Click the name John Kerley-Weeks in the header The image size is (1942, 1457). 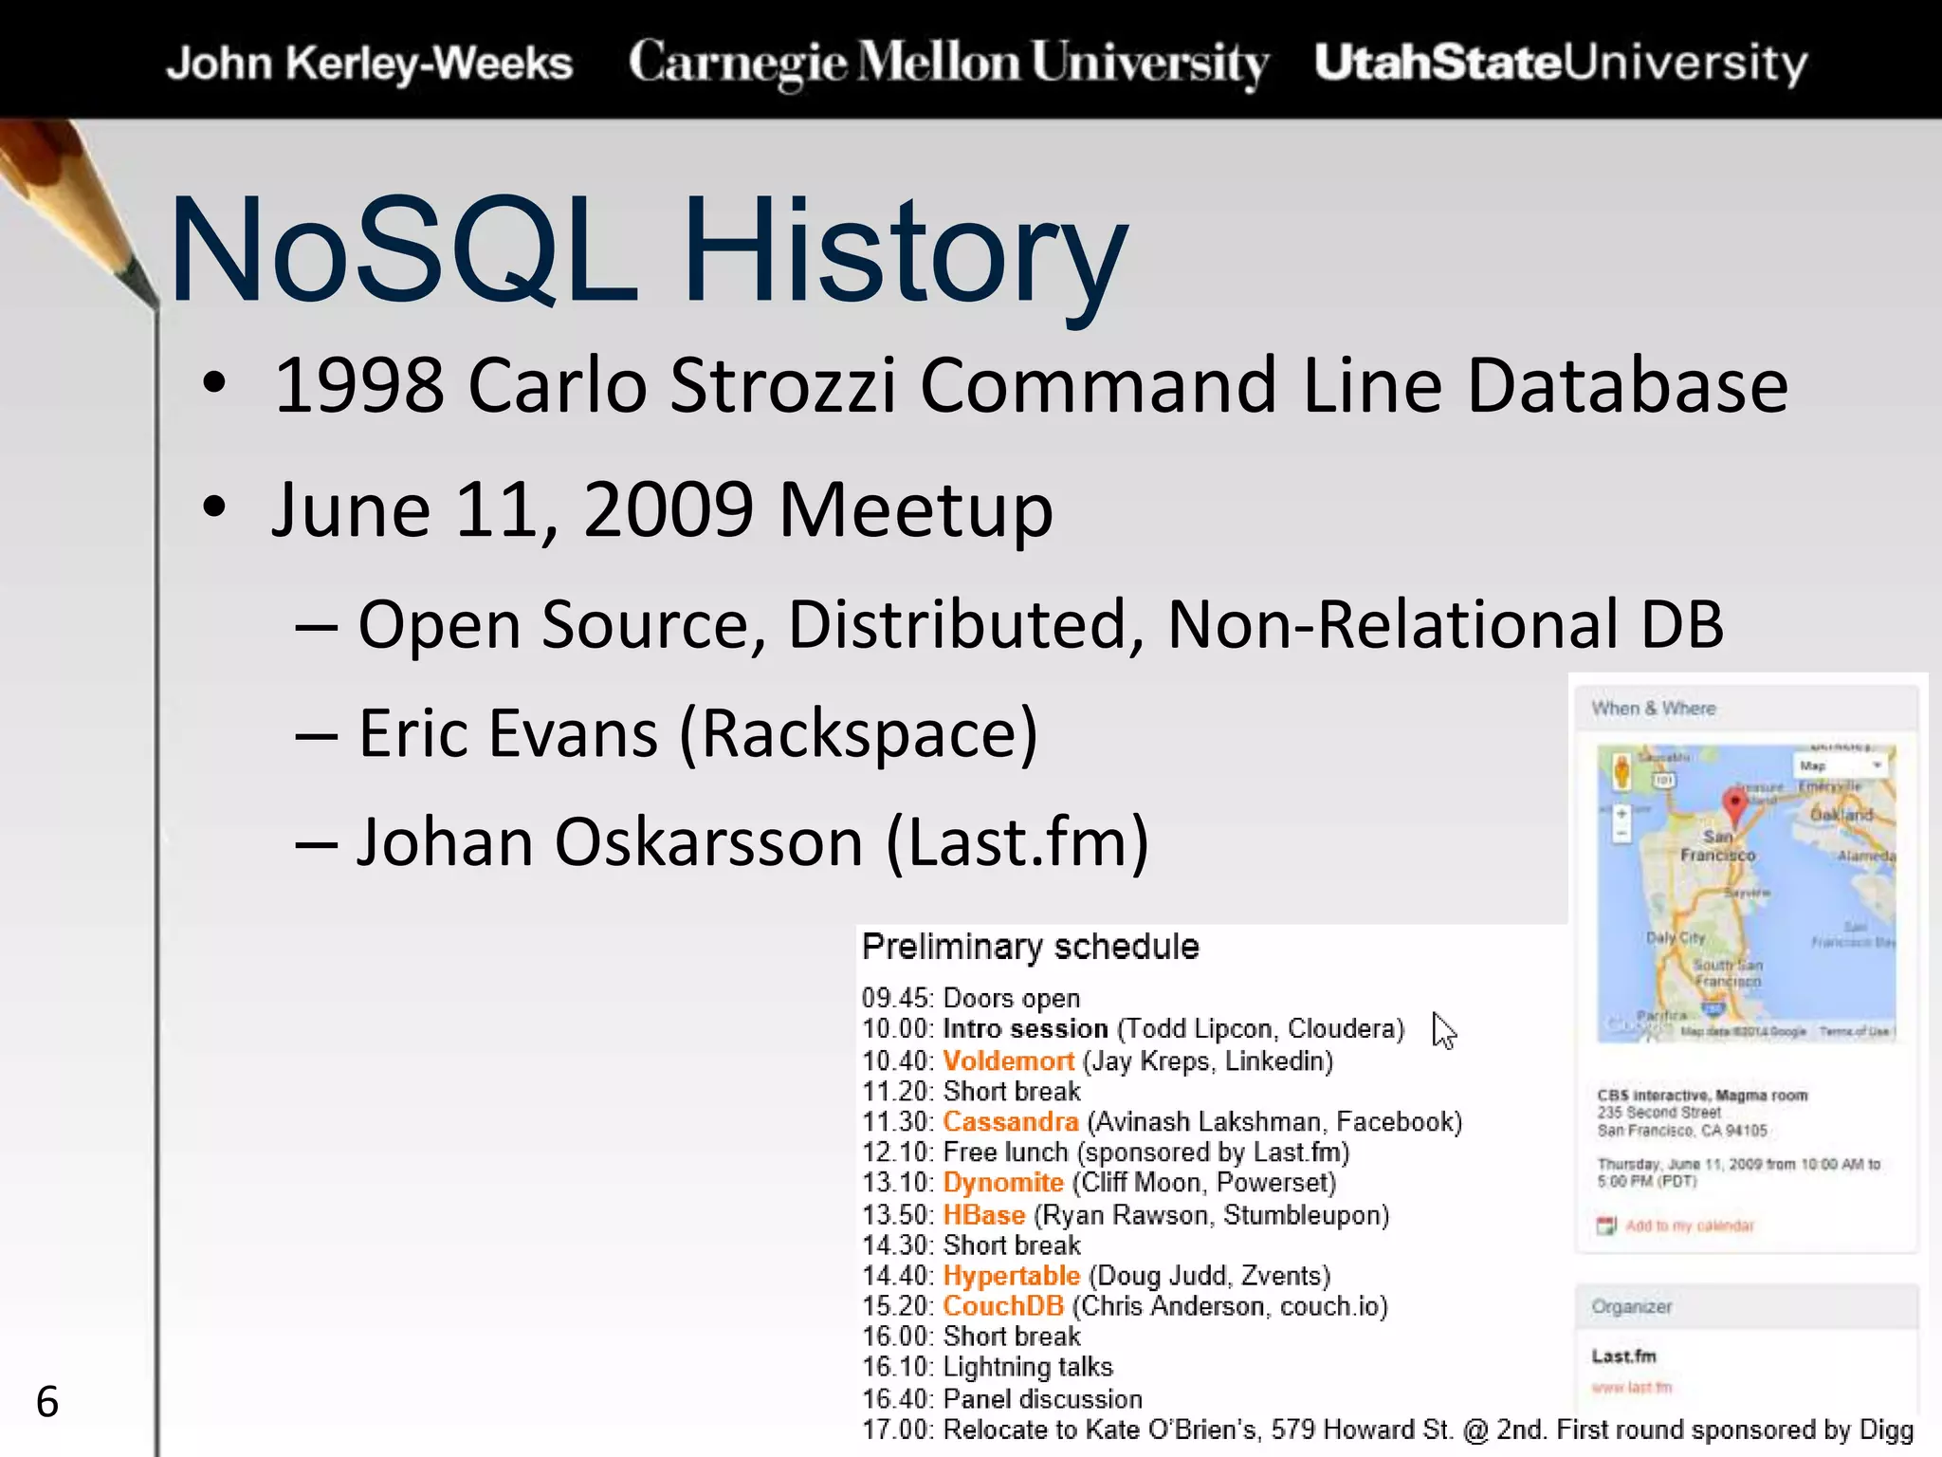pos(369,64)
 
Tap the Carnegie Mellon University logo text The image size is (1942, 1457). pos(948,64)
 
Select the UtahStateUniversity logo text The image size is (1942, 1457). pos(1560,64)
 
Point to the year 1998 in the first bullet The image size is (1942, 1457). pos(358,385)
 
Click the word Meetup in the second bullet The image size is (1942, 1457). pos(915,509)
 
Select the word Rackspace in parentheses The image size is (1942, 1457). pos(858,733)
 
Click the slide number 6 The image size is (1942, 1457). pos(46,1402)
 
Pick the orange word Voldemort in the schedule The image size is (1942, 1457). pos(1008,1060)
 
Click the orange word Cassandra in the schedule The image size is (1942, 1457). pos(1010,1121)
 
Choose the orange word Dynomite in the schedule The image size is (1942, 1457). pos(1002,1183)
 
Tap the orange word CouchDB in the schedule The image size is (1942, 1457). pos(1002,1306)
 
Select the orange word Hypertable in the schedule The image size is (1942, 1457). pos(1011,1276)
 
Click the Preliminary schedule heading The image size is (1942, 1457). pos(1030,947)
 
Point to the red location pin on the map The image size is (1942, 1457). pos(1734,804)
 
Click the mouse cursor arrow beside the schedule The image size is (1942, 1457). pos(1443,1030)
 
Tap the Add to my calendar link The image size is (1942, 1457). pos(1689,1226)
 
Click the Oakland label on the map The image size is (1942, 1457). pos(1841,815)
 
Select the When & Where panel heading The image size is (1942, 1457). pos(1653,709)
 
